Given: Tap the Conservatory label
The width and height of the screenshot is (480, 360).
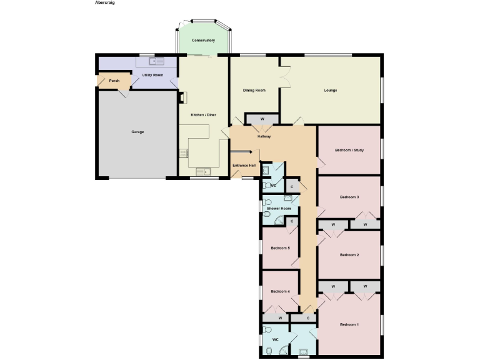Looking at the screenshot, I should (x=203, y=41).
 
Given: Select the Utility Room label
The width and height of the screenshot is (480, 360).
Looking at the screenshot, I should (x=152, y=75).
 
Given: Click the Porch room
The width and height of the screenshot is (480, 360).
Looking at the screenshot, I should (x=114, y=81).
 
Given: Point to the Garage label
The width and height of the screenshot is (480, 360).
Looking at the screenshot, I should (x=137, y=132).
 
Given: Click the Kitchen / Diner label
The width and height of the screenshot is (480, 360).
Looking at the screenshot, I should (x=203, y=115).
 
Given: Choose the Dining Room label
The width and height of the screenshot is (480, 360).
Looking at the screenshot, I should (x=254, y=91).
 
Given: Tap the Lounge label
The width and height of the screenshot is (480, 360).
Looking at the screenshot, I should (x=331, y=91).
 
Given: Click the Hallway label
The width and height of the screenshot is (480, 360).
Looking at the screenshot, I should (x=264, y=136).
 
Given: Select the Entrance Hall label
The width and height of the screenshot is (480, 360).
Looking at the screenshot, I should (x=244, y=165).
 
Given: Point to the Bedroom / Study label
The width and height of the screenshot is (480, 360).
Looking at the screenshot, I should (x=349, y=151).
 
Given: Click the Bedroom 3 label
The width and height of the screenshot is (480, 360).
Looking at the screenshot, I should (x=349, y=197).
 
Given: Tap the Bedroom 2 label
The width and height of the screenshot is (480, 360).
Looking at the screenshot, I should (x=349, y=255).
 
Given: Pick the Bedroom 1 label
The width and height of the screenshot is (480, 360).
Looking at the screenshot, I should (x=349, y=324).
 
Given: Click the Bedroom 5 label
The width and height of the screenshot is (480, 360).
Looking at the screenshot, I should (x=280, y=248).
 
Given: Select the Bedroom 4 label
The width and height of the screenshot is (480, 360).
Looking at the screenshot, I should (x=280, y=291).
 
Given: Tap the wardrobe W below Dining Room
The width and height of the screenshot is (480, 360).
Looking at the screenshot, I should (x=262, y=119).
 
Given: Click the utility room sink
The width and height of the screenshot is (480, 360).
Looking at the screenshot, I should (x=156, y=61).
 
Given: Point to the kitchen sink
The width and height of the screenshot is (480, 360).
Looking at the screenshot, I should (x=203, y=171).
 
